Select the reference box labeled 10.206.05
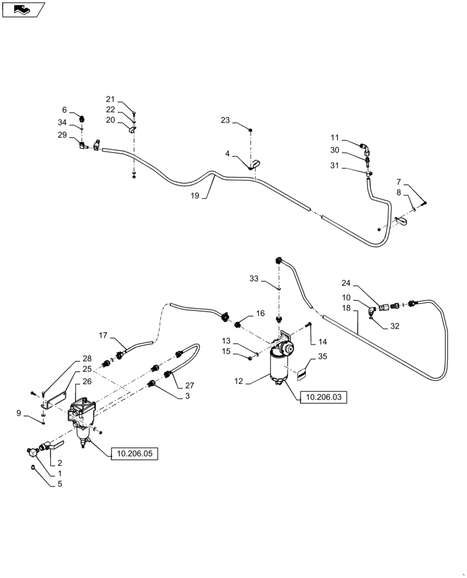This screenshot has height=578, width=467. point(134,454)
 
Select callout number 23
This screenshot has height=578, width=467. point(225,120)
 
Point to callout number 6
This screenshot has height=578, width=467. point(65,110)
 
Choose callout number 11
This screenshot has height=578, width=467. point(335,138)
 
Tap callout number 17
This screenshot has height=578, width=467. point(103,335)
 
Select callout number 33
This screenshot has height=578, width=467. point(254,279)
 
